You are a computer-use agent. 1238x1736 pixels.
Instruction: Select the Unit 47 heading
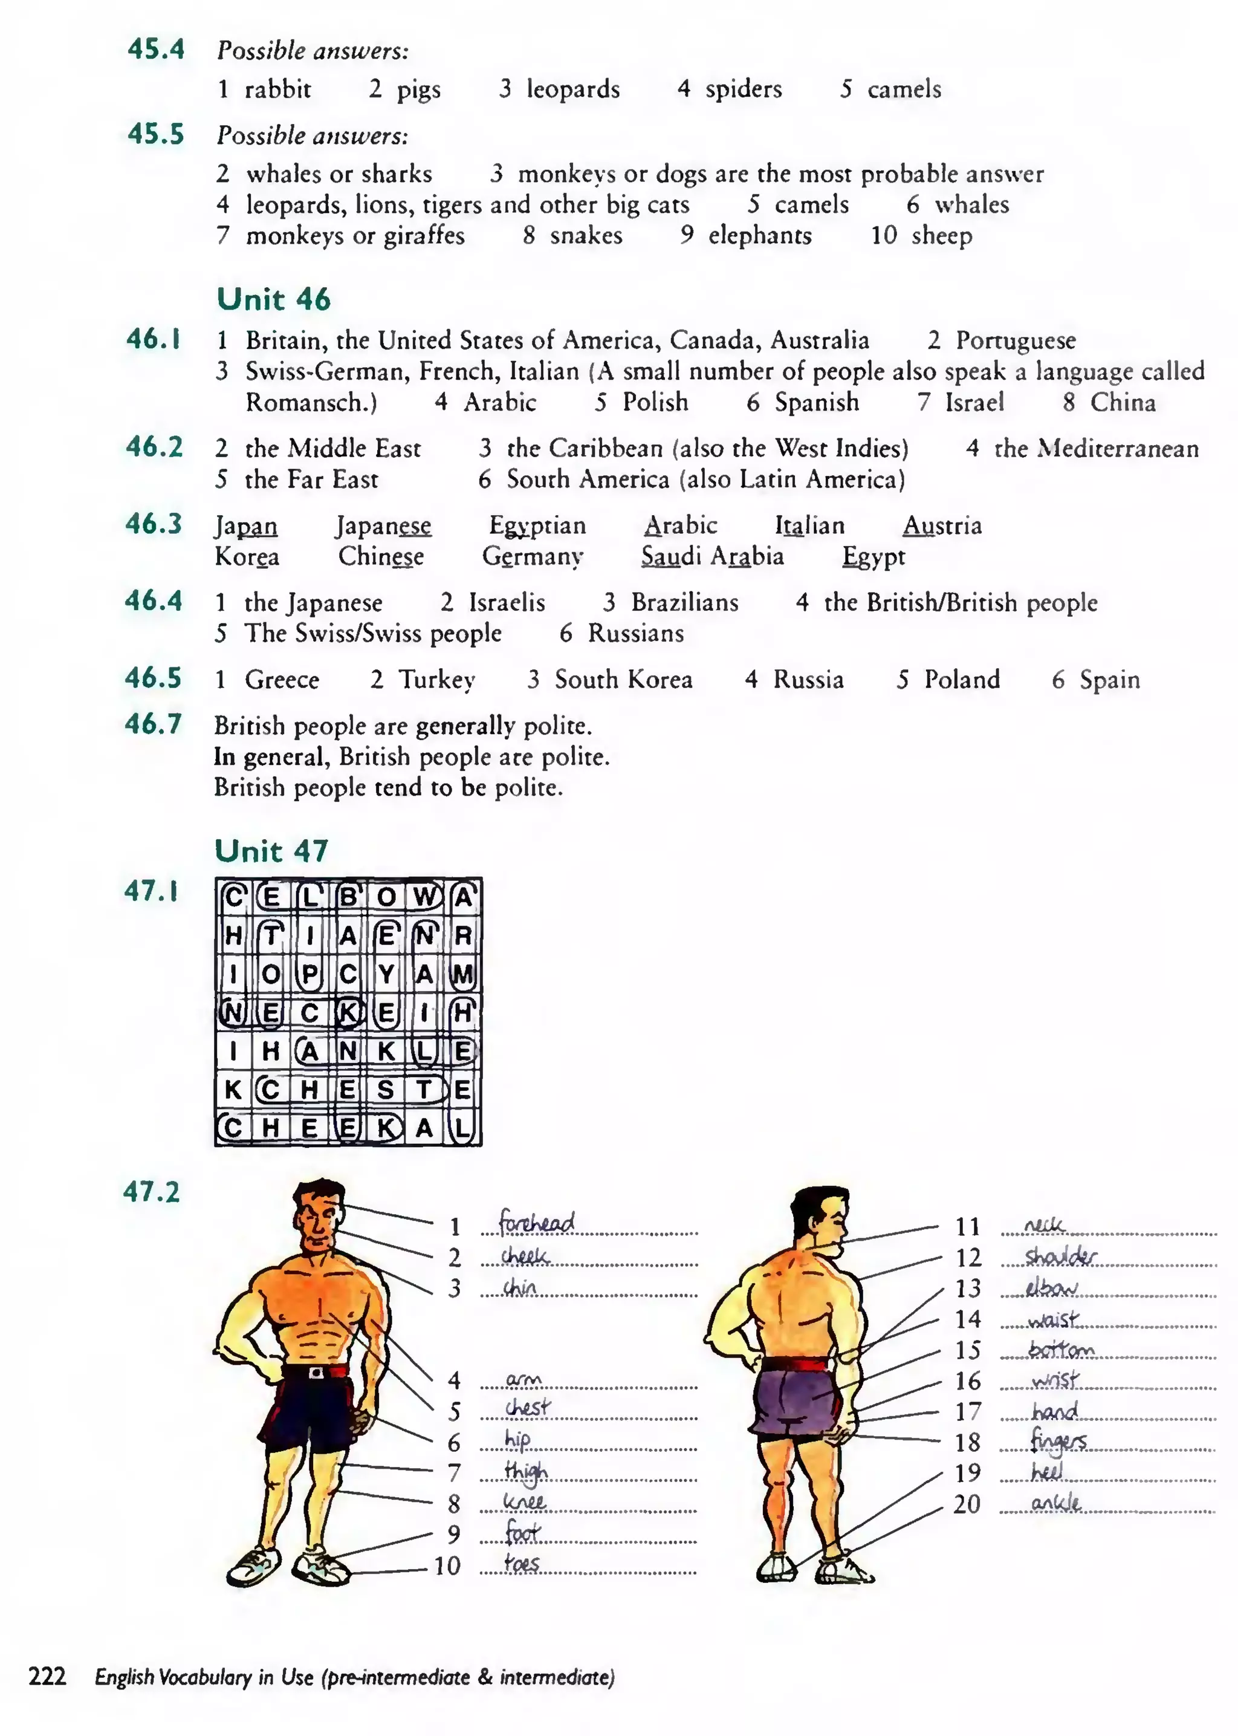pyautogui.click(x=271, y=850)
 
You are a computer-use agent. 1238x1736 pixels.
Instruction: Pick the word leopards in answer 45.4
pyautogui.click(x=572, y=89)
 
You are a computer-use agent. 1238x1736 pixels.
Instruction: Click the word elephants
pyautogui.click(x=759, y=236)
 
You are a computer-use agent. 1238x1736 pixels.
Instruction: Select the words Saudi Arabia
pyautogui.click(x=712, y=556)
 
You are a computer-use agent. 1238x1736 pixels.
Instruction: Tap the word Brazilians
pyautogui.click(x=684, y=603)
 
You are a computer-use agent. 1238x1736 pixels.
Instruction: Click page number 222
pyautogui.click(x=47, y=1676)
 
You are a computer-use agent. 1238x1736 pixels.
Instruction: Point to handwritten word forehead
pyautogui.click(x=536, y=1222)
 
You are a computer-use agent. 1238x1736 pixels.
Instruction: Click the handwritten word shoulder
pyautogui.click(x=1060, y=1256)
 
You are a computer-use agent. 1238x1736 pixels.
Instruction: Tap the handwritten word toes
pyautogui.click(x=522, y=1564)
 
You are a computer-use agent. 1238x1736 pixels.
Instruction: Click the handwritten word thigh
pyautogui.click(x=525, y=1471)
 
